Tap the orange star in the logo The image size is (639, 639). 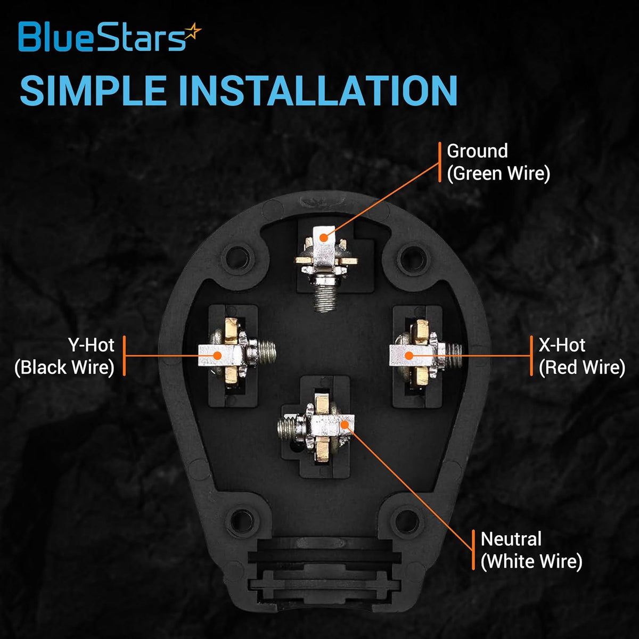pos(193,32)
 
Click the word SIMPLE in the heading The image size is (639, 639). pos(93,91)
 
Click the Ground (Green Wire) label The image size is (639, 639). pos(498,162)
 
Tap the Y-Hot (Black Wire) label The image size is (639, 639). pos(64,356)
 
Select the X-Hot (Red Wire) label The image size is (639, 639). pos(581,356)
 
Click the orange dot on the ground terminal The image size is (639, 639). pos(324,237)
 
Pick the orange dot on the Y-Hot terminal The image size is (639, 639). pos(217,356)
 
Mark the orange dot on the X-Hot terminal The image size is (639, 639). pos(409,356)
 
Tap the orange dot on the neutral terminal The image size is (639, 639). pos(345,424)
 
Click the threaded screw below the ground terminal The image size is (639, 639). pos(325,298)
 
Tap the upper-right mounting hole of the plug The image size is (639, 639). pos(411,258)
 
